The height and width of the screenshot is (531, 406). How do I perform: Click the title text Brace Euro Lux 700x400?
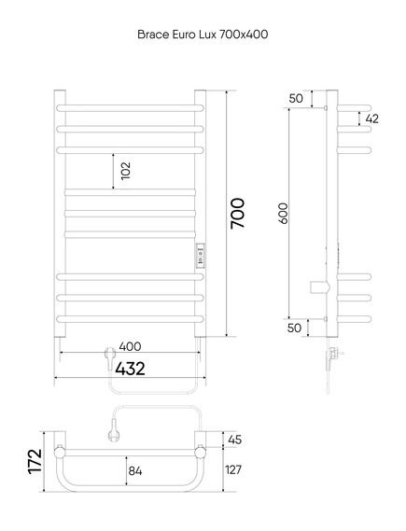tap(203, 35)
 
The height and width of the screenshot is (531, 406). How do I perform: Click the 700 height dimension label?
tap(237, 214)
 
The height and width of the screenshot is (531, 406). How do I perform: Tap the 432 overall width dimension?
tap(130, 369)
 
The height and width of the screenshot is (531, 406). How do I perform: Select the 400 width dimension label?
tap(130, 346)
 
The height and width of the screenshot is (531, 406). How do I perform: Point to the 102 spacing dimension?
tap(125, 171)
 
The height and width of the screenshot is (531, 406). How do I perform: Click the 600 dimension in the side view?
tap(283, 214)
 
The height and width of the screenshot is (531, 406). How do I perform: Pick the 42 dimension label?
tap(372, 119)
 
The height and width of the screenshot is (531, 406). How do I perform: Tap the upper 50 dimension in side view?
tap(296, 98)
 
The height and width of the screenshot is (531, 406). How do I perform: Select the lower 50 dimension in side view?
tap(294, 328)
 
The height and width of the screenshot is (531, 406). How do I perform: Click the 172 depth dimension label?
tap(35, 461)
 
